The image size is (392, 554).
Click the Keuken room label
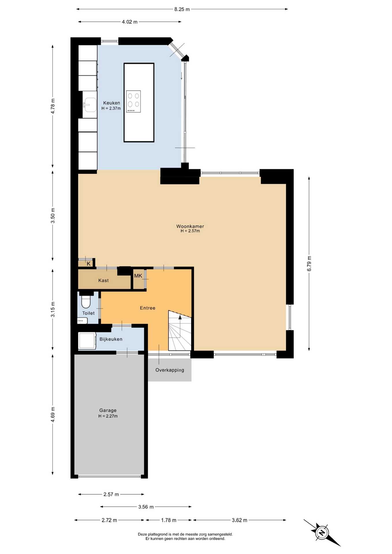click(x=112, y=103)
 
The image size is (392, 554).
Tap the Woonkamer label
click(x=190, y=226)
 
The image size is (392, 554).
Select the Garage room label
click(x=108, y=410)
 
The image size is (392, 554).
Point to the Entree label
click(x=148, y=308)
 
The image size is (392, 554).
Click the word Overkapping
click(x=170, y=370)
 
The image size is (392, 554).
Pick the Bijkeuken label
click(x=111, y=339)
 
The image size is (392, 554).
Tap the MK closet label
click(x=138, y=276)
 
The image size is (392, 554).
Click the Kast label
click(x=103, y=280)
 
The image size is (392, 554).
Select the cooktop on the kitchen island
click(x=133, y=102)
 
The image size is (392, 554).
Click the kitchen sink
click(x=90, y=105)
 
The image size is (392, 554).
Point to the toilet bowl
click(x=86, y=301)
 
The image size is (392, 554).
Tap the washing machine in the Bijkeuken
click(x=87, y=341)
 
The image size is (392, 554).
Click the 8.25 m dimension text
click(x=182, y=9)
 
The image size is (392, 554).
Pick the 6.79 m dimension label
click(x=309, y=263)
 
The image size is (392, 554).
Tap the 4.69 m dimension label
click(x=53, y=414)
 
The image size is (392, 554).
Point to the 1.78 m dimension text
click(x=169, y=520)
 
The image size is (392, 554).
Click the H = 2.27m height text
click(x=108, y=416)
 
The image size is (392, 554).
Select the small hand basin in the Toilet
click(x=83, y=321)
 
